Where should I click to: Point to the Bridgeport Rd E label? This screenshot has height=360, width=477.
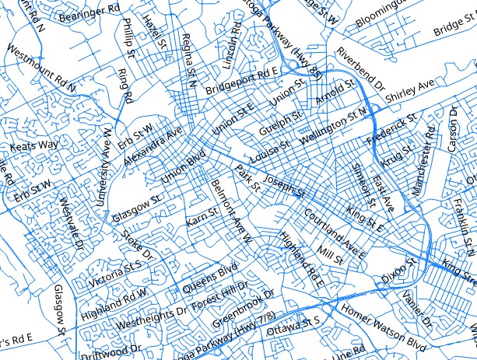click(x=242, y=82)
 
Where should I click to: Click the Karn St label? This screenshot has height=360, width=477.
click(x=202, y=218)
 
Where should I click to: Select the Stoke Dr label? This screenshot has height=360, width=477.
click(x=141, y=243)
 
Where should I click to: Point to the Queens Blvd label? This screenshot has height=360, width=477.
click(x=209, y=278)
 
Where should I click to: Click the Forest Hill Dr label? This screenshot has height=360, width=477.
click(x=218, y=296)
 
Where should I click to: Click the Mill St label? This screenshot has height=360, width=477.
click(x=330, y=255)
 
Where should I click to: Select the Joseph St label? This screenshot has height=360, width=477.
click(x=284, y=185)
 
